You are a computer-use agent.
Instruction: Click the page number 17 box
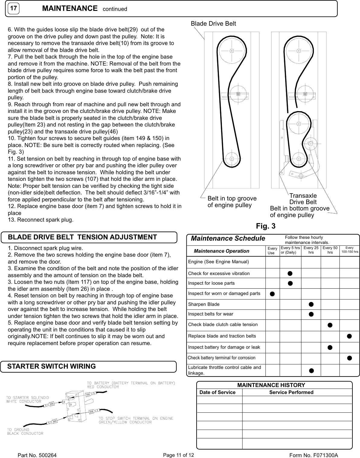tap(12, 9)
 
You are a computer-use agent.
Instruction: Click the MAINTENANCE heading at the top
tap(70, 8)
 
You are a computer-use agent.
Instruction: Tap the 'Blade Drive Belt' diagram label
tap(213, 24)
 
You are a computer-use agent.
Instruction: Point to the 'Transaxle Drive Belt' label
tap(303, 199)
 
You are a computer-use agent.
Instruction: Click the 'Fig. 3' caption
tap(265, 226)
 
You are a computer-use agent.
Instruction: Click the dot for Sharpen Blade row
tap(311, 304)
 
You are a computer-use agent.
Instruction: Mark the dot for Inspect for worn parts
tap(272, 294)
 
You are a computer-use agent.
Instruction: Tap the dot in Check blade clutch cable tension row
tap(330, 325)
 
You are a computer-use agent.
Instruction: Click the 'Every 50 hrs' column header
tap(330, 250)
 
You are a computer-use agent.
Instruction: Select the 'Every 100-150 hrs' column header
tap(349, 250)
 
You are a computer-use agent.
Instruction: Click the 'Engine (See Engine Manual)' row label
tap(218, 261)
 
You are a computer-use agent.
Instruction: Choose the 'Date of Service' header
tap(217, 392)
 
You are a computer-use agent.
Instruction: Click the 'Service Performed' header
tap(291, 392)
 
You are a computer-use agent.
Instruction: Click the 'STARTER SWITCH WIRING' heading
tap(51, 366)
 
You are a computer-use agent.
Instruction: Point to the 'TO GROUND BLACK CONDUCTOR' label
tap(25, 431)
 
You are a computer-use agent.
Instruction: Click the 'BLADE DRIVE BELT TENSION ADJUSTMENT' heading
tap(82, 237)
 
